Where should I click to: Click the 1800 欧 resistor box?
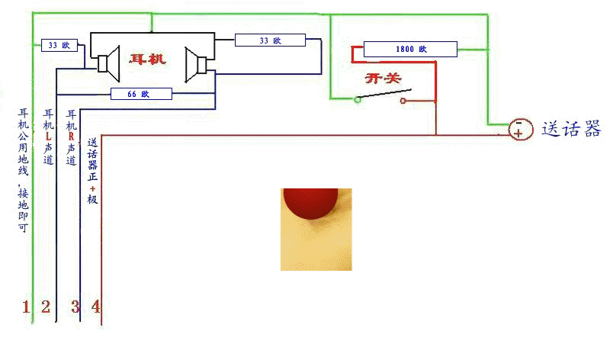(x=409, y=50)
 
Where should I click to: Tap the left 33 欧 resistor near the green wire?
(x=59, y=45)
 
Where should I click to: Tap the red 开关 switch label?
(x=384, y=79)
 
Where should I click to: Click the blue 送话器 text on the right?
(x=571, y=129)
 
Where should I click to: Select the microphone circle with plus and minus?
(x=519, y=129)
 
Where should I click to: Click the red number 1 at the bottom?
(x=25, y=307)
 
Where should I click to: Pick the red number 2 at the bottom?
(x=46, y=307)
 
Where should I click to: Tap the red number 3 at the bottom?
(x=75, y=307)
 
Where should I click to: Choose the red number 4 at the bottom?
(x=95, y=307)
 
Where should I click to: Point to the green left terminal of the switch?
(x=357, y=99)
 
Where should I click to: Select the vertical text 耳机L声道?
(x=49, y=137)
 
